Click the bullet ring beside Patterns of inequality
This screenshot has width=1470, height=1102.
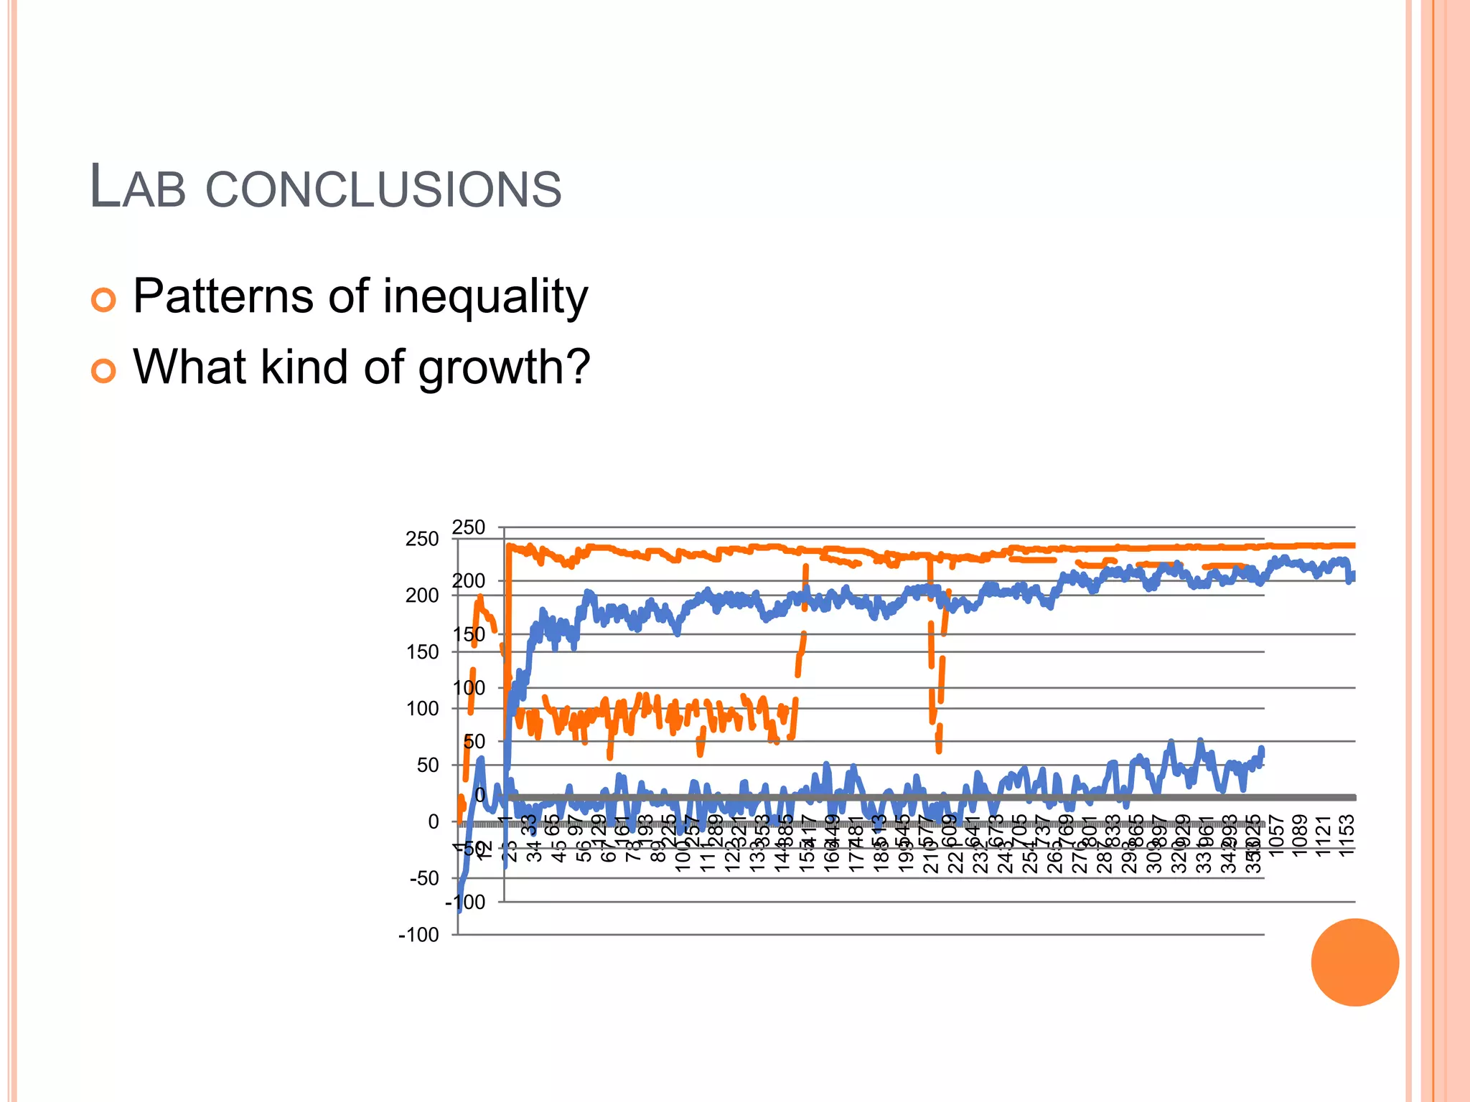coord(103,299)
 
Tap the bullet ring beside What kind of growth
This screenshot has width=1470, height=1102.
coord(103,370)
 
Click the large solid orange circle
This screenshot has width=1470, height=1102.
coord(1354,962)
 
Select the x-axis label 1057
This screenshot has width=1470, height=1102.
coord(1276,835)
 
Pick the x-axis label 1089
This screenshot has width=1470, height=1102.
coord(1300,835)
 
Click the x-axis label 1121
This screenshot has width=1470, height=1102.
coord(1324,835)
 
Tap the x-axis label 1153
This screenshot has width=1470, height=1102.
coord(1347,835)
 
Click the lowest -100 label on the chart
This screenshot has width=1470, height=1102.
coord(418,935)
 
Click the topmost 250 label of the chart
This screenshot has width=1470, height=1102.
coord(469,527)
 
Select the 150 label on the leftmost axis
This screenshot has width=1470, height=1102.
coord(422,652)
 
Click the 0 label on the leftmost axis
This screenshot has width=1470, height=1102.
coord(434,821)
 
